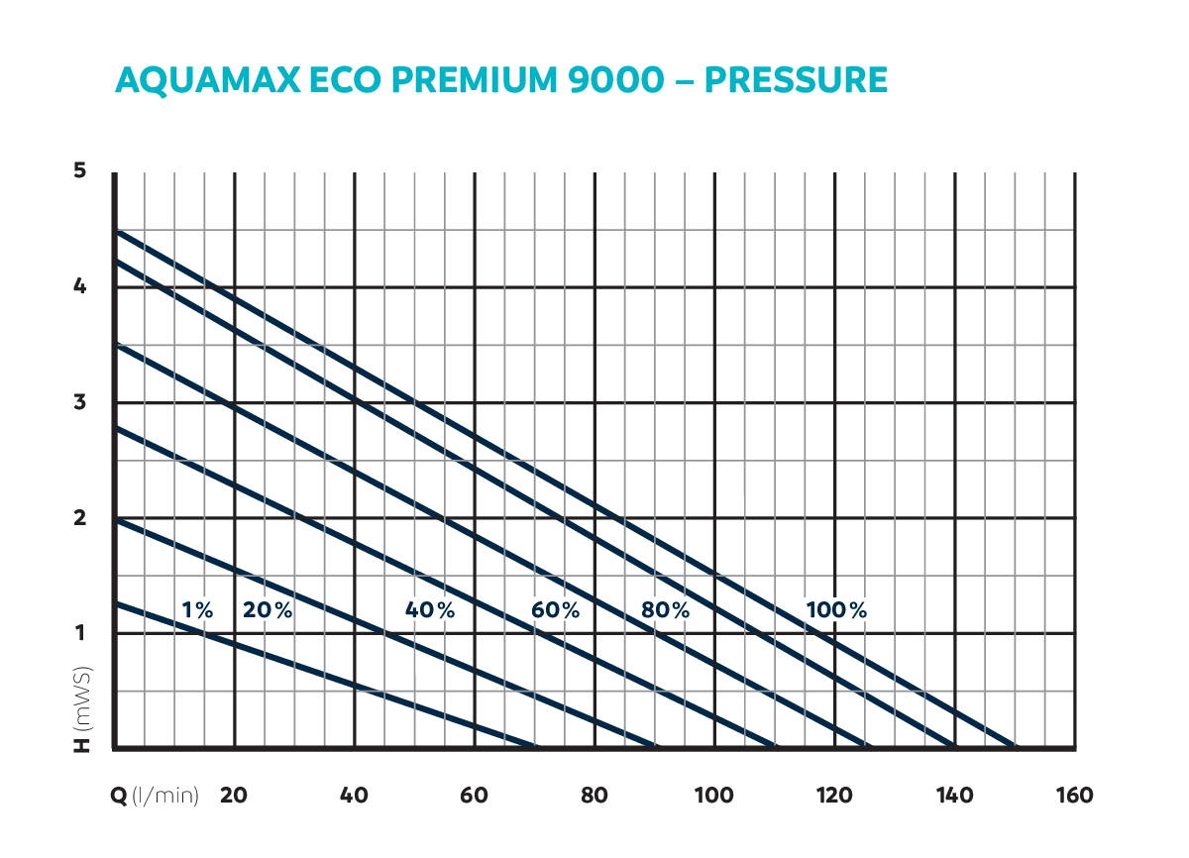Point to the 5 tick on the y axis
click(80, 171)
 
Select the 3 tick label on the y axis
click(80, 402)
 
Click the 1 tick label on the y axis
click(80, 633)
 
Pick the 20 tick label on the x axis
click(234, 796)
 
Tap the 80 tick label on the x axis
click(594, 796)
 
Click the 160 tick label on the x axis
click(1074, 796)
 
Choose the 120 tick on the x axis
click(834, 796)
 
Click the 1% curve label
click(198, 610)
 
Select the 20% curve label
click(268, 610)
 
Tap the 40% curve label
click(430, 610)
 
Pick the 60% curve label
click(555, 610)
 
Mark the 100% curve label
click(836, 610)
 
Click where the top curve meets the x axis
click(1016, 747)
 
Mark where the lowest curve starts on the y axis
click(116, 602)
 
